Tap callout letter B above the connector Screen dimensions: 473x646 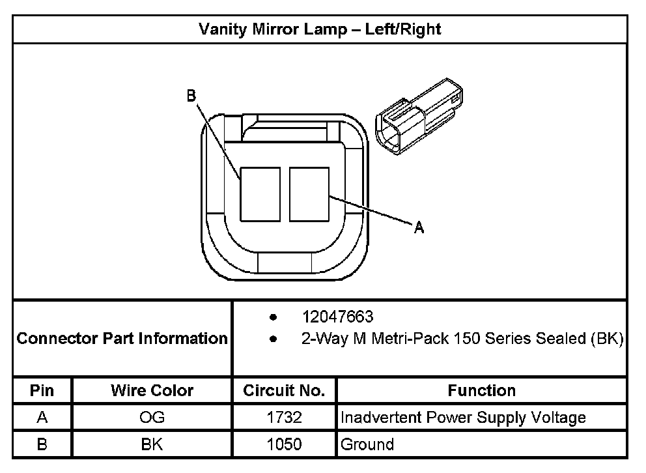point(191,96)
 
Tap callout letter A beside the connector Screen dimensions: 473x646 point(419,227)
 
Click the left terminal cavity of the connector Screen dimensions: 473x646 point(260,194)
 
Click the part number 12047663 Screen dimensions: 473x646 point(337,317)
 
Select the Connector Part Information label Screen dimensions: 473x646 point(122,339)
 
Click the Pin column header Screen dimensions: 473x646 point(42,391)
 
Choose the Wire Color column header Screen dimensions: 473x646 point(152,391)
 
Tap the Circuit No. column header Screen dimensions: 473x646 point(284,391)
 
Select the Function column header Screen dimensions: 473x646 point(482,391)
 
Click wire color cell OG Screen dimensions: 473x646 point(152,418)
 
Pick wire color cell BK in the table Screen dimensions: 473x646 point(152,444)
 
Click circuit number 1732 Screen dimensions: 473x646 point(284,418)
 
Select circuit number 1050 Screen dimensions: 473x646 point(284,444)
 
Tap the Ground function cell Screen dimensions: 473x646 point(367,444)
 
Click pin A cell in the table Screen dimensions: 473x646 point(42,418)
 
